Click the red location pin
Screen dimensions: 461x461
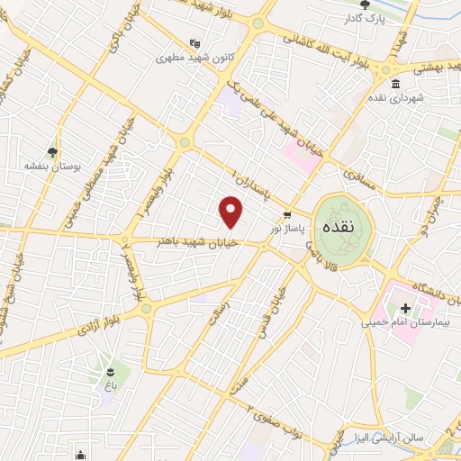pos(231,212)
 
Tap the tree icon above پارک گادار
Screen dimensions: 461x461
pos(368,4)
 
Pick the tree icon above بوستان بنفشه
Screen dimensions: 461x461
pos(52,152)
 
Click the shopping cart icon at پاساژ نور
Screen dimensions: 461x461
pos(287,215)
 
